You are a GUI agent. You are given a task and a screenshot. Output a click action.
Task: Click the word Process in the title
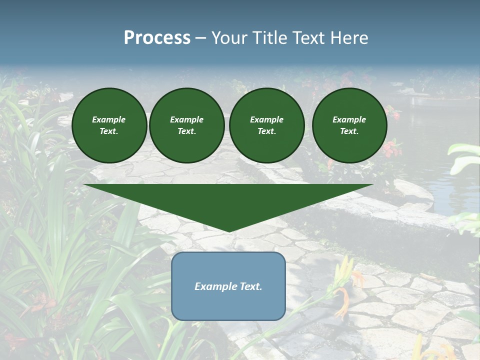157,38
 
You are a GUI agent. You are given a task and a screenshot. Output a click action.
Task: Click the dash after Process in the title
200,39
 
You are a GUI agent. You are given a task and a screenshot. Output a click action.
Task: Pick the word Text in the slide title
309,38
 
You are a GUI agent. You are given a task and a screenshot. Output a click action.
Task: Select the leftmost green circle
109,125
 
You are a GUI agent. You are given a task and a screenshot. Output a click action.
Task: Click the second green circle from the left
187,125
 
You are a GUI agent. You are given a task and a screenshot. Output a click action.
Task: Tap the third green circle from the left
267,125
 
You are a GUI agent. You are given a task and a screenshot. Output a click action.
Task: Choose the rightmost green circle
349,125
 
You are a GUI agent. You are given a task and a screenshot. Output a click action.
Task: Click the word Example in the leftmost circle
109,119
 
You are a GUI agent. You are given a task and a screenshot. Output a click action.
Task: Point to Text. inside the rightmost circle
349,131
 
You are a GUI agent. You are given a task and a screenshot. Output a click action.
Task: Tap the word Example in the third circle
266,119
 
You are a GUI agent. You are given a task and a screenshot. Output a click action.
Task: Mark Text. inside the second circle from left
187,131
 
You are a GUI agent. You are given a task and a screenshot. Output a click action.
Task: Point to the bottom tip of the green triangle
229,230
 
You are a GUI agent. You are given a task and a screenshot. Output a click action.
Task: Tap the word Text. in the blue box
251,286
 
